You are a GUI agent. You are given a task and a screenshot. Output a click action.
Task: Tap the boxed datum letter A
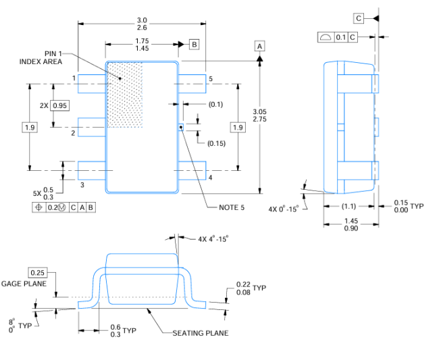coord(260,45)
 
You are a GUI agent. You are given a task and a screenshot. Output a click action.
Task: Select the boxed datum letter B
coord(194,45)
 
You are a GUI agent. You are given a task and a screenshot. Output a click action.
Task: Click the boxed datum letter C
coord(359,18)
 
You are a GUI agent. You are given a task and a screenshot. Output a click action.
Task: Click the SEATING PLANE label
coord(200,333)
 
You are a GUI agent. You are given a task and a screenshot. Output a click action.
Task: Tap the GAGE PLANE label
coord(24,284)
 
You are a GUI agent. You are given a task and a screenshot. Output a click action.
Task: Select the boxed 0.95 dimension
coord(60,106)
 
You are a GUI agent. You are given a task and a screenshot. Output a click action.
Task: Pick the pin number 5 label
coord(210,79)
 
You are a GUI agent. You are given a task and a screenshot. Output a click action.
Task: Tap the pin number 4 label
coord(210,178)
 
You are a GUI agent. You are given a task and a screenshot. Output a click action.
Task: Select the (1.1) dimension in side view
coord(348,206)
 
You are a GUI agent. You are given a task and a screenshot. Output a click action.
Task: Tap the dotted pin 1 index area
coord(126,95)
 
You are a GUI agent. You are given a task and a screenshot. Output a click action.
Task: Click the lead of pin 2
coord(93,127)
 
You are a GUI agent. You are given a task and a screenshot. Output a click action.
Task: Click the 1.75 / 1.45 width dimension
coord(142,45)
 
